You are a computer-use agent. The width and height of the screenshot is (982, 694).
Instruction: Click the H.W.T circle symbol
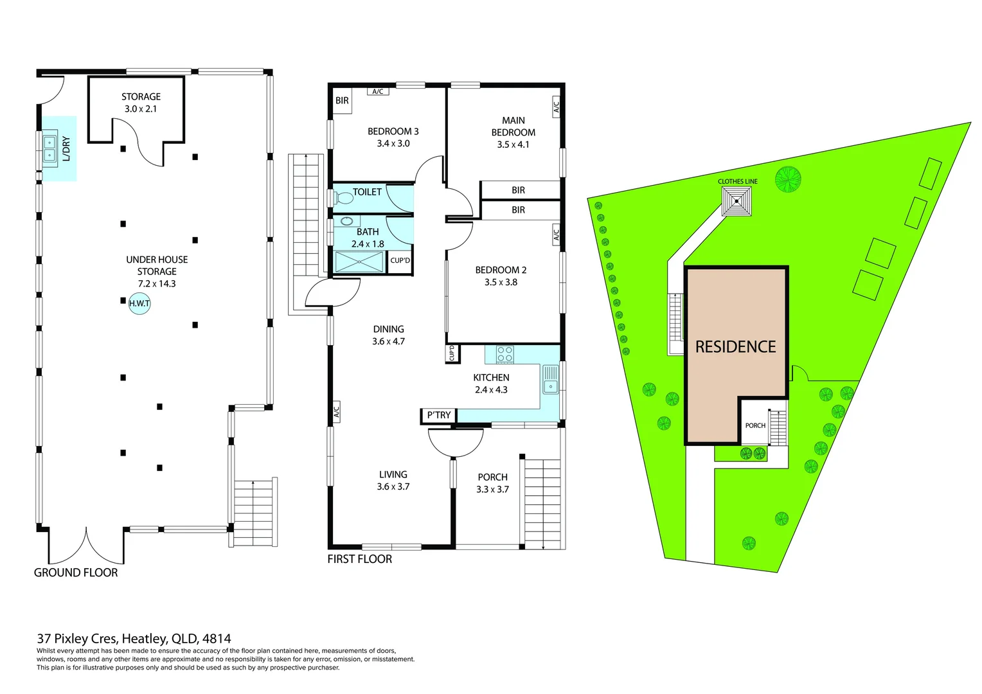139,303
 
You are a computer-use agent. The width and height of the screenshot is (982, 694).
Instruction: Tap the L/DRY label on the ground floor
66,148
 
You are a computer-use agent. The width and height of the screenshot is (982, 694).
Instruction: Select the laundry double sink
49,148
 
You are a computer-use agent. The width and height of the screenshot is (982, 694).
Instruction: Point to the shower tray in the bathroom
359,262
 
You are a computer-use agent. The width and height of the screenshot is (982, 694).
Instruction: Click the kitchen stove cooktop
504,354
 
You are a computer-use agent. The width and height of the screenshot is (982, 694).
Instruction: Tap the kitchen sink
550,378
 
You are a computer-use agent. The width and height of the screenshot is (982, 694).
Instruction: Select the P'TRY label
438,415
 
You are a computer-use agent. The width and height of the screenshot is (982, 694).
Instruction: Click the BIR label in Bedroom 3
342,101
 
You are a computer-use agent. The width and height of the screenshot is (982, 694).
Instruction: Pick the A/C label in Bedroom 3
378,92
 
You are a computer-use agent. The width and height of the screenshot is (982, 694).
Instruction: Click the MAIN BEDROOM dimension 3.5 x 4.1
513,145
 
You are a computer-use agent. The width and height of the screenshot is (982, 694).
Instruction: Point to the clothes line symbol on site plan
736,201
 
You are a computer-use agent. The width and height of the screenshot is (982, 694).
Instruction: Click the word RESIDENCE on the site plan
735,347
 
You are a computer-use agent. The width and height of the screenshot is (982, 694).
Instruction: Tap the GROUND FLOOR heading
76,573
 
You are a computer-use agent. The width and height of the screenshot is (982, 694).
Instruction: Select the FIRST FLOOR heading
359,559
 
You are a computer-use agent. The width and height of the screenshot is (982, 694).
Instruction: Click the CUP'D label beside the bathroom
400,260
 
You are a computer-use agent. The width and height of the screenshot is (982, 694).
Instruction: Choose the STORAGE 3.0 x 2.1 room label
141,103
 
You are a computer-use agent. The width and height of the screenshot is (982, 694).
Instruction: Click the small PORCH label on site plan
755,425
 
